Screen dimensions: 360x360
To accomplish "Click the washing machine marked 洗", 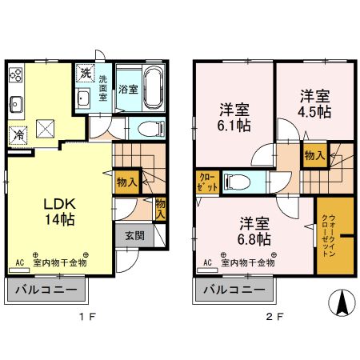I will click(86, 74).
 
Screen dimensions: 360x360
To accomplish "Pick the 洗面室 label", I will click(103, 87).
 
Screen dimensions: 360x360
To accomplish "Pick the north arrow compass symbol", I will click(340, 303).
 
